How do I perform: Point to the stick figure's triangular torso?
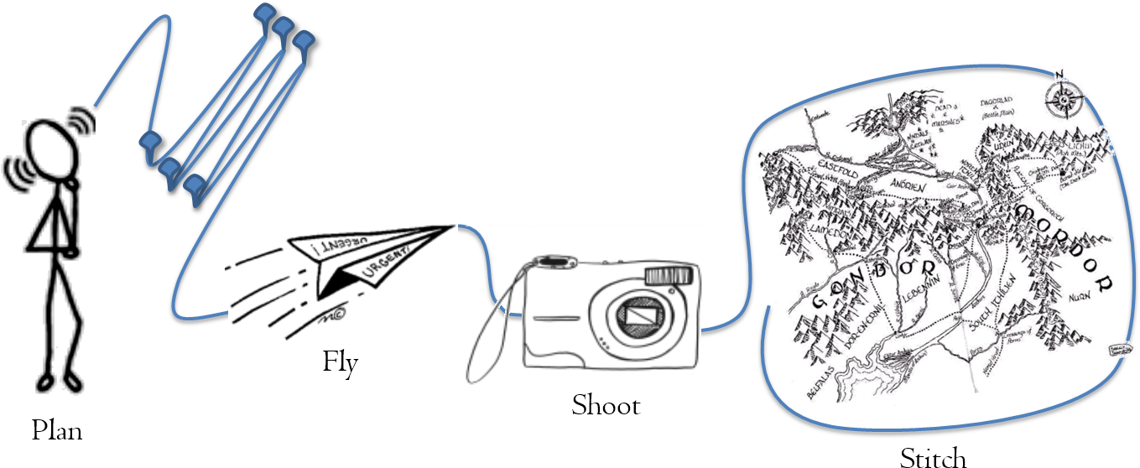[x=54, y=226]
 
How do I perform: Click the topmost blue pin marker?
[x=265, y=13]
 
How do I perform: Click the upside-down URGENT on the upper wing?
[x=326, y=242]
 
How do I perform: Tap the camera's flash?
[x=670, y=275]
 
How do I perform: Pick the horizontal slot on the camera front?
[x=554, y=318]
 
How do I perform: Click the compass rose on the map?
[x=1063, y=97]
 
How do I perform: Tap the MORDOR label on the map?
[x=1065, y=243]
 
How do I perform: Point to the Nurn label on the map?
[x=1079, y=296]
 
